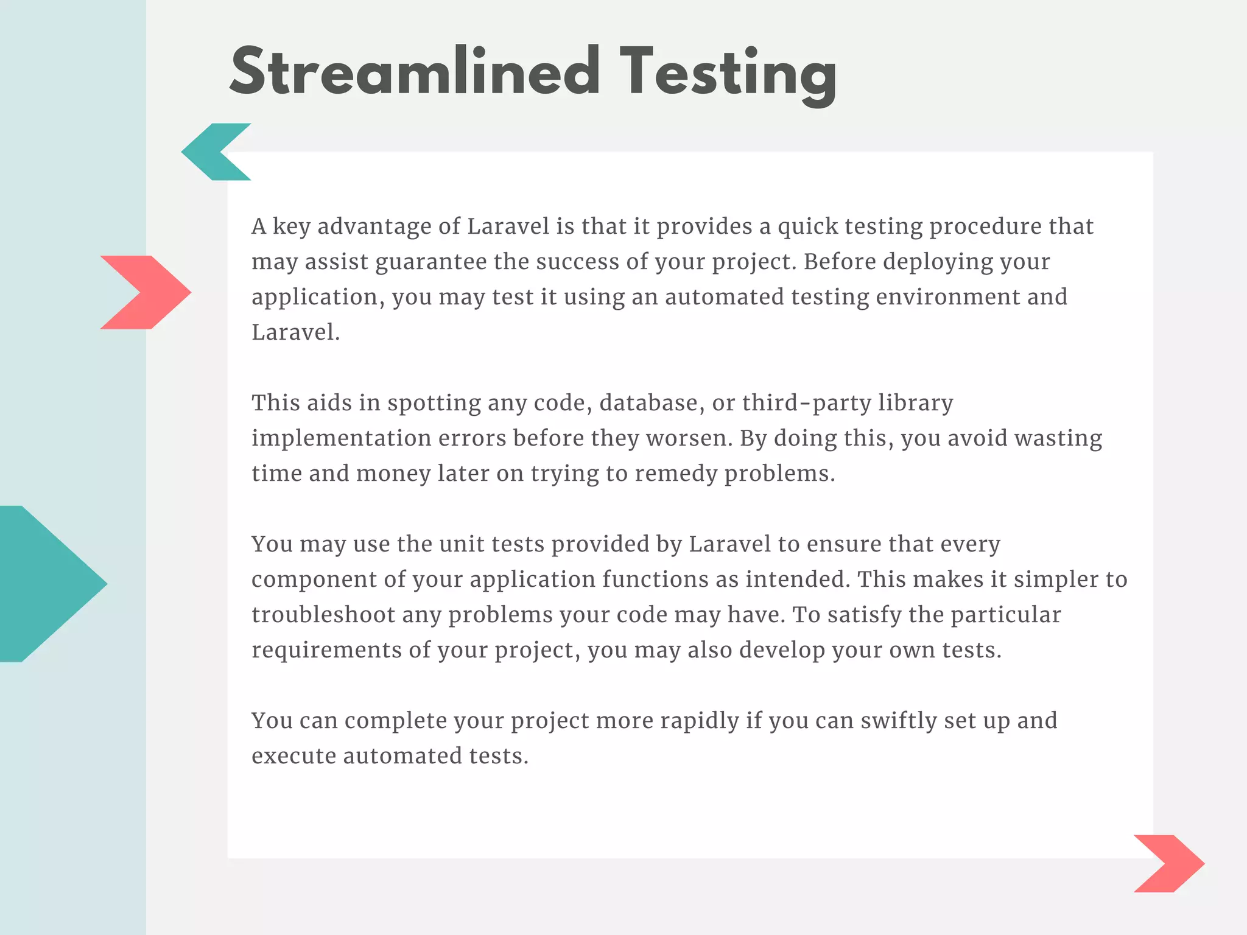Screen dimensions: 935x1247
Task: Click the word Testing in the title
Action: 728,73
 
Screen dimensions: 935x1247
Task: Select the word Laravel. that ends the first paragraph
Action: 295,332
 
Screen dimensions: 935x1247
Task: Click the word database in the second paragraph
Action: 648,403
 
